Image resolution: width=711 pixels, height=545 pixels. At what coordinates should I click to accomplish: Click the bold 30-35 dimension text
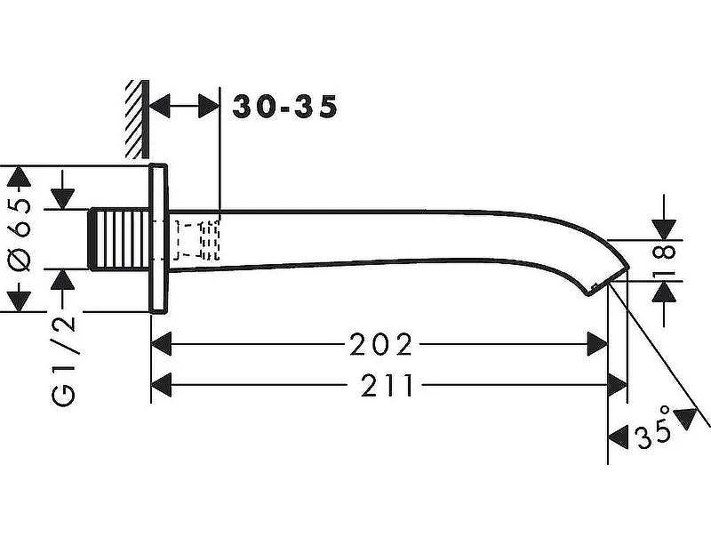coord(285,107)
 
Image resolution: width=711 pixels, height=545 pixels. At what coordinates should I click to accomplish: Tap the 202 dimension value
coord(381,344)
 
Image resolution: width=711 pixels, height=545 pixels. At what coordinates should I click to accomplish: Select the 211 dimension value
coord(387,385)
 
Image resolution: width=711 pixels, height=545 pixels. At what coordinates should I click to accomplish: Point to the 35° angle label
coord(653,429)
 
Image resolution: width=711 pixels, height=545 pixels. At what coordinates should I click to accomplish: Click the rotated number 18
coord(664,260)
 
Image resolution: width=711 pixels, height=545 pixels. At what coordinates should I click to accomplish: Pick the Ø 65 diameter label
coord(20,235)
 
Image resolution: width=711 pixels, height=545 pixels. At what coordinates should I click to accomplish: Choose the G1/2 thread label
coord(63,361)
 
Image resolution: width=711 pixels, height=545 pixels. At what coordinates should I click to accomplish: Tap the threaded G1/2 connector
coord(119,239)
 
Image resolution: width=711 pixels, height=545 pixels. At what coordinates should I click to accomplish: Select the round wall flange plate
coord(159,238)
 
